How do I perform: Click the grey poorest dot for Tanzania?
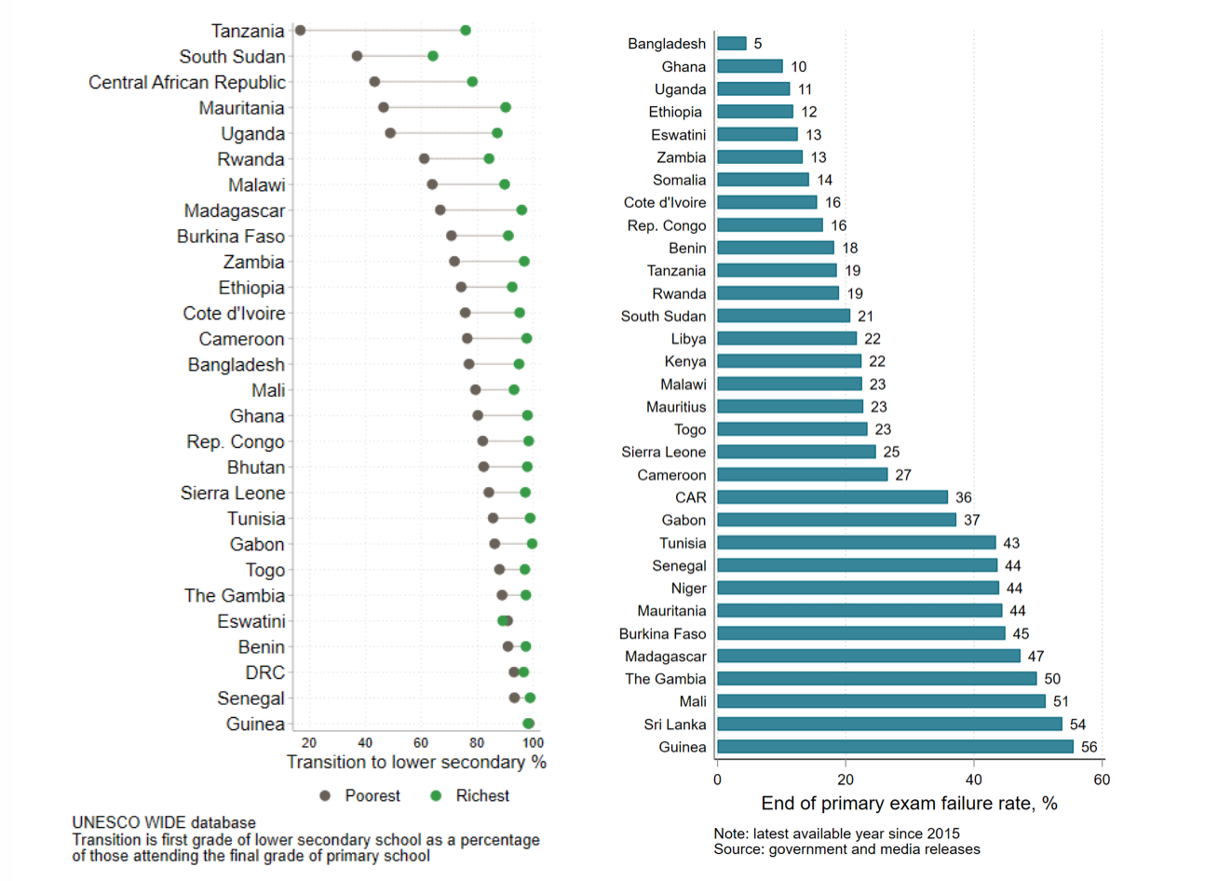tap(300, 31)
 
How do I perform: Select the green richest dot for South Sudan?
tap(433, 56)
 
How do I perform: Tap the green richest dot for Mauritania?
tap(506, 108)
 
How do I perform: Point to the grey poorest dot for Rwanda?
tap(425, 159)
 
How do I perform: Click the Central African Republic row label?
tap(187, 83)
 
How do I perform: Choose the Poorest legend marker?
tap(325, 796)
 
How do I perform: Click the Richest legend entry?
tap(481, 796)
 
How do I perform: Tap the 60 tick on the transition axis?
tap(421, 743)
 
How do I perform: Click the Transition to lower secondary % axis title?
tap(416, 763)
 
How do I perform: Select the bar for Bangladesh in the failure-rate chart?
tap(732, 44)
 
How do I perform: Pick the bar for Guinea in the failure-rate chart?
tap(895, 747)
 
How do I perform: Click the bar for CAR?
tap(832, 497)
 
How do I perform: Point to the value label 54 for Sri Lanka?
tap(1077, 725)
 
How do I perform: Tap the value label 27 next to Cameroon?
tap(903, 475)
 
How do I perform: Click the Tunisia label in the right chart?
tap(683, 543)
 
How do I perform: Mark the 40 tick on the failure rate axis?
tap(973, 779)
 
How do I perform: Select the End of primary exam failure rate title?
tap(909, 804)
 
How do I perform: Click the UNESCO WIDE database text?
tap(164, 823)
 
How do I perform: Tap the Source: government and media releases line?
tap(846, 849)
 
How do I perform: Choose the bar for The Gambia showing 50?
tap(876, 679)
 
